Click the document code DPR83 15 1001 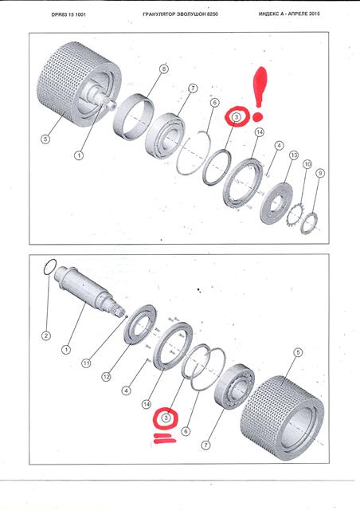point(68,14)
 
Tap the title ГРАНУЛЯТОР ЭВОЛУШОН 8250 point(180,14)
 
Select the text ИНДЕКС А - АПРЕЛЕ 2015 point(289,14)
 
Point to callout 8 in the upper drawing point(164,69)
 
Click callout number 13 point(294,155)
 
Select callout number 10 point(307,164)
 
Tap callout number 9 point(320,174)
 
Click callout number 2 point(46,335)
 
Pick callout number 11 point(86,363)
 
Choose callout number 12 point(106,377)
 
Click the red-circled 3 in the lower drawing point(166,418)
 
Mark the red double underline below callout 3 point(165,438)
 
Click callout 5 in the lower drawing point(298,352)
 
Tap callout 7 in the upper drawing point(193,88)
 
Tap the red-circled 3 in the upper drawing point(237,117)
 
